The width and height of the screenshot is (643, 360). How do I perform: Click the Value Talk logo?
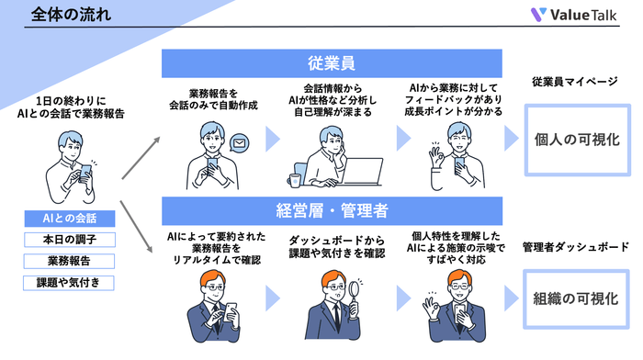click(x=575, y=15)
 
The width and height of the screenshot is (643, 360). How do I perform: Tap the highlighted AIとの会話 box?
click(x=69, y=219)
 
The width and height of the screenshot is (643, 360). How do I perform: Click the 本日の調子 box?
click(x=69, y=240)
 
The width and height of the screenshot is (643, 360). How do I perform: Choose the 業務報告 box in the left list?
click(x=69, y=261)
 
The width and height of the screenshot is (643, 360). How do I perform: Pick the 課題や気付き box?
click(x=69, y=282)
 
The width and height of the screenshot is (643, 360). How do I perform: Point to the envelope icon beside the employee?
click(x=241, y=142)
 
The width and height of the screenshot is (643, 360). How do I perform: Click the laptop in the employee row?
click(x=362, y=172)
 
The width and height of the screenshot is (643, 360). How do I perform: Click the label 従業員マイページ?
click(x=575, y=82)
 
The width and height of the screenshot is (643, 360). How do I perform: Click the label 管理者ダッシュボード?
click(x=575, y=247)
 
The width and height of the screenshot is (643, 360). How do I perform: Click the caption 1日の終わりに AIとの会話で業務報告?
click(x=69, y=106)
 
